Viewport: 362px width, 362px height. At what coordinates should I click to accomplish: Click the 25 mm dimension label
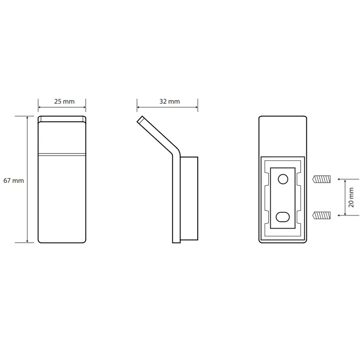pyautogui.click(x=64, y=101)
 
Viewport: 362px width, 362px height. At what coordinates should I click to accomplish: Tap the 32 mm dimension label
pyautogui.click(x=169, y=101)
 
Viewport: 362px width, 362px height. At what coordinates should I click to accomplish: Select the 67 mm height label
pyautogui.click(x=14, y=181)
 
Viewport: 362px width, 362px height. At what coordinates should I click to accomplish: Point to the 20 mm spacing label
pyautogui.click(x=351, y=197)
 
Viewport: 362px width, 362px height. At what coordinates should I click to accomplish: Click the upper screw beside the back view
pyautogui.click(x=321, y=179)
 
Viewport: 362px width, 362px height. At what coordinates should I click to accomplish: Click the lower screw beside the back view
pyautogui.click(x=321, y=215)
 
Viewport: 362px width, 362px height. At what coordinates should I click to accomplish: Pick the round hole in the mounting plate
pyautogui.click(x=283, y=179)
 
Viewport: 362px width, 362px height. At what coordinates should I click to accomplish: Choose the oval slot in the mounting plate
pyautogui.click(x=283, y=217)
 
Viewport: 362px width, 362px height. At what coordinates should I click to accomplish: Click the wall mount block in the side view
pyautogui.click(x=189, y=199)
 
